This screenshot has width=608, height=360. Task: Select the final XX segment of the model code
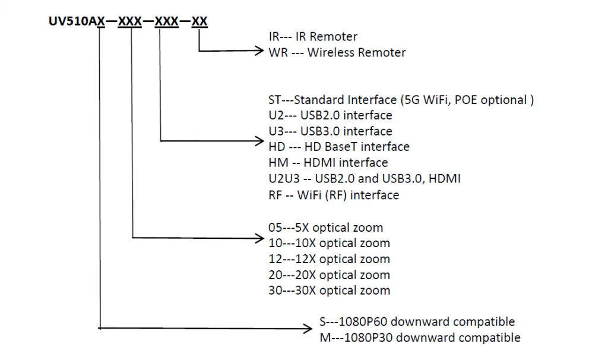click(200, 22)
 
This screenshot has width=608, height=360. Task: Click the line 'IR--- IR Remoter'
click(313, 37)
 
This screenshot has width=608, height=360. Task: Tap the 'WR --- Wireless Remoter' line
click(337, 52)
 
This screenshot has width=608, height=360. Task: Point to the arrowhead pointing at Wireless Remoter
click(261, 52)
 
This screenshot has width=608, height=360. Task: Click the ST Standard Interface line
click(401, 100)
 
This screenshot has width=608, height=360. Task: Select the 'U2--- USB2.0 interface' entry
click(330, 115)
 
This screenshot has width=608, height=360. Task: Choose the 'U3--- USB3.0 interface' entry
click(330, 131)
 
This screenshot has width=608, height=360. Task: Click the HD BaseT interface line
click(339, 147)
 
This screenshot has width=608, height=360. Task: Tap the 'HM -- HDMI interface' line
click(328, 163)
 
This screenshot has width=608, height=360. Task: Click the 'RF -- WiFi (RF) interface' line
click(334, 194)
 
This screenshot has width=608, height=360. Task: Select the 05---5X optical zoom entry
click(325, 228)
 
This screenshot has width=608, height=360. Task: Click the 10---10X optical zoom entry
click(329, 243)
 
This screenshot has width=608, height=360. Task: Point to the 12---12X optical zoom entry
click(329, 259)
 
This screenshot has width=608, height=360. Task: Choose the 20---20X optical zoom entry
click(329, 275)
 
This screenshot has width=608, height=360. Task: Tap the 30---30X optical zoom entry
click(329, 290)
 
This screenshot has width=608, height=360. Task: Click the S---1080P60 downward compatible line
click(417, 322)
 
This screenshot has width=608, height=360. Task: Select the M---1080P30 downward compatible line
click(420, 337)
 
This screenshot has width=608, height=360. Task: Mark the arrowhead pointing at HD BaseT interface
click(261, 141)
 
